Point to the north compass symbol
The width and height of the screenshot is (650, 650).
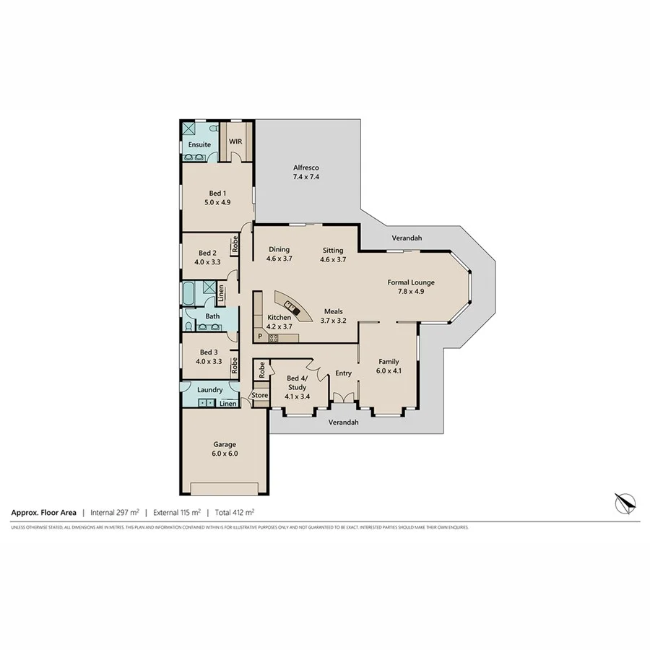(x=625, y=500)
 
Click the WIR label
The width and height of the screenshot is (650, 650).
(x=235, y=142)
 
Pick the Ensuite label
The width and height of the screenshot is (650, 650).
(x=199, y=144)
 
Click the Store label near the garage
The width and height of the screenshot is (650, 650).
(x=259, y=395)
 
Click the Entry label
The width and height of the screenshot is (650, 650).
(x=343, y=373)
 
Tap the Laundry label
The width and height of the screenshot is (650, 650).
(x=209, y=390)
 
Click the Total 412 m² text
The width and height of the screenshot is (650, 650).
(x=231, y=512)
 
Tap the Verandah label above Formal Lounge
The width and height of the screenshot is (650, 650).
(x=407, y=238)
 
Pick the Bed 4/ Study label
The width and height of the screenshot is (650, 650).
(x=298, y=387)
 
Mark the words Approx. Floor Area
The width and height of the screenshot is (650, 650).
(x=44, y=512)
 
